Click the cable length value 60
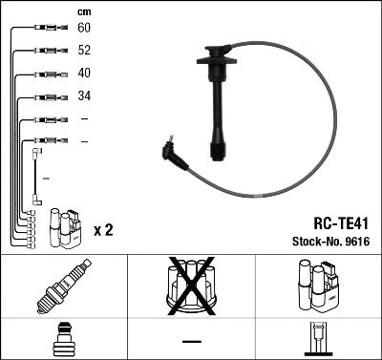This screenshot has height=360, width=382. pyautogui.click(x=84, y=29)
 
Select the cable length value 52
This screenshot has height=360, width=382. pyautogui.click(x=84, y=51)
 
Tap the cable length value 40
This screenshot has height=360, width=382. pyautogui.click(x=84, y=74)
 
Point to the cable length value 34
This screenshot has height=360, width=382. pyautogui.click(x=84, y=96)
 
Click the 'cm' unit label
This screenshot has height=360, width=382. pyautogui.click(x=84, y=11)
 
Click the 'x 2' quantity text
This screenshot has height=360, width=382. pyautogui.click(x=103, y=230)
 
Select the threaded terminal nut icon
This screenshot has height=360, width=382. pyautogui.click(x=62, y=339)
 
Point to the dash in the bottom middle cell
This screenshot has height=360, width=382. pyautogui.click(x=190, y=340)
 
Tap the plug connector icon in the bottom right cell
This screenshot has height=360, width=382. pyautogui.click(x=317, y=339)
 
